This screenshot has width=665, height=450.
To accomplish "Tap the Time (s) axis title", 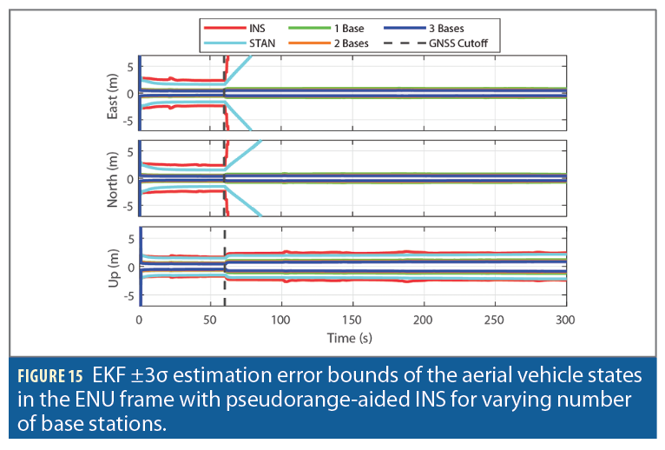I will coord(352,336).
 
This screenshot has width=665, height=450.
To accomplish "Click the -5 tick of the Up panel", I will coord(128,294).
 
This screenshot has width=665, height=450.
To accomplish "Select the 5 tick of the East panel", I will coord(130,66).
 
